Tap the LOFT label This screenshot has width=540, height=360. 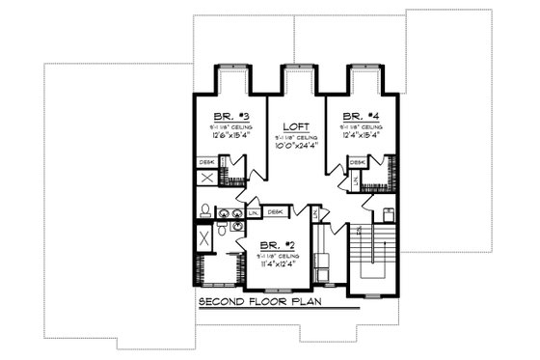coord(294,126)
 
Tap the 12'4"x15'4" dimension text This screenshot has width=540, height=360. coord(358,134)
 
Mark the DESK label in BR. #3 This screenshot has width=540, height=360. coord(207,162)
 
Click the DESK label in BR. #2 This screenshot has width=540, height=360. coord(275,211)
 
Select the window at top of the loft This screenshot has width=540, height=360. coord(294,68)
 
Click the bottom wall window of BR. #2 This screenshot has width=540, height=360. coord(278,291)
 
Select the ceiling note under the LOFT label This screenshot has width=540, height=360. coord(294,137)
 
